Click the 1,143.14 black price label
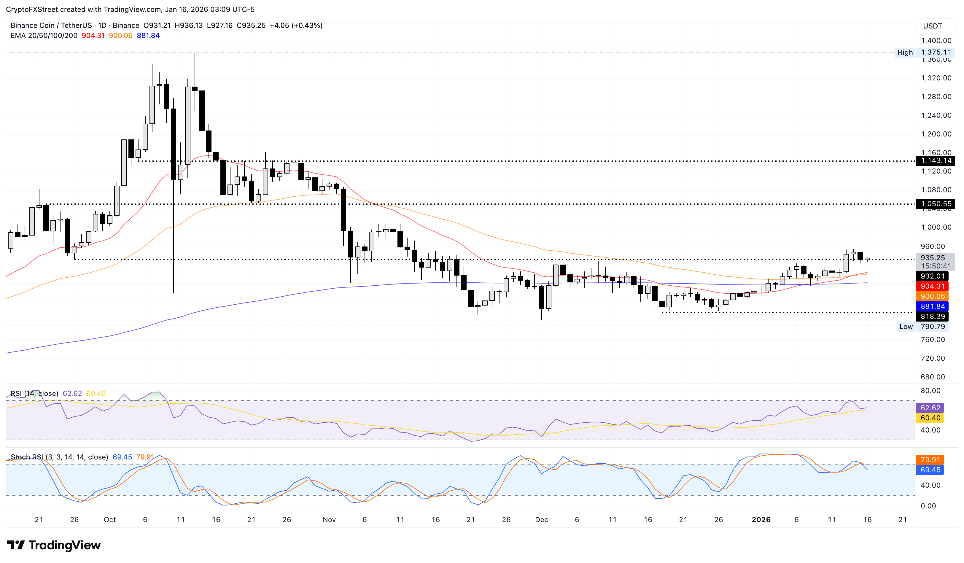[x=935, y=161]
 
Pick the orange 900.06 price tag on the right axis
[x=932, y=296]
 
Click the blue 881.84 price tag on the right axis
[x=932, y=306]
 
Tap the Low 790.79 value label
[x=932, y=327]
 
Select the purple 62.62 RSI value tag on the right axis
[x=930, y=408]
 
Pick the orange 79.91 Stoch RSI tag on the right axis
[x=930, y=460]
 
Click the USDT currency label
[x=932, y=26]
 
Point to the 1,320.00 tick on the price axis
[x=936, y=78]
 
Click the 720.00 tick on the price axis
[x=932, y=358]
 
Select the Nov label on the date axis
[x=329, y=519]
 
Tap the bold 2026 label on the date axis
[x=761, y=519]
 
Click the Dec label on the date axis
[x=541, y=519]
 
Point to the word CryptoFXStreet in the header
[x=32, y=9]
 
